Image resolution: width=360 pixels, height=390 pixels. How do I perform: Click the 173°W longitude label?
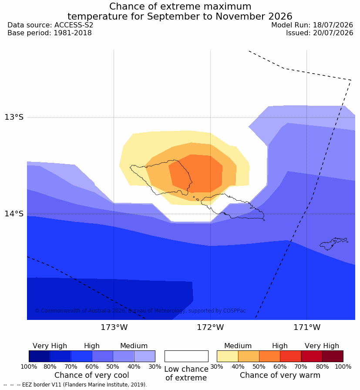click(114, 327)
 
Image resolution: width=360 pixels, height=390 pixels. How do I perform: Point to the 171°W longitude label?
click(307, 327)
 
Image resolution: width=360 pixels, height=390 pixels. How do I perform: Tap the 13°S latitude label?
click(14, 117)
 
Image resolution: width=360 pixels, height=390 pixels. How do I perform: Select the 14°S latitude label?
click(14, 213)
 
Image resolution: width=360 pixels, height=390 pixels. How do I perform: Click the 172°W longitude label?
click(211, 327)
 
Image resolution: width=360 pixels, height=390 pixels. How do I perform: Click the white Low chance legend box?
click(186, 356)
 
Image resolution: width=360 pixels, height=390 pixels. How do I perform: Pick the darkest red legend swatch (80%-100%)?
click(333, 356)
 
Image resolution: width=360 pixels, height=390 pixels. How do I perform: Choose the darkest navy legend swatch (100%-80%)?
click(40, 356)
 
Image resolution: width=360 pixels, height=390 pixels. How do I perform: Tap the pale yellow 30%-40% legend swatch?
click(227, 356)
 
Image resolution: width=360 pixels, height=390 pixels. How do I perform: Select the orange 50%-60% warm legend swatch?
click(269, 356)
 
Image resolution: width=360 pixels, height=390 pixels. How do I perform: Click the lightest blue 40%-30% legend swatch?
click(145, 356)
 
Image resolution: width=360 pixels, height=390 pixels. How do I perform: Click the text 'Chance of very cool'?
click(92, 375)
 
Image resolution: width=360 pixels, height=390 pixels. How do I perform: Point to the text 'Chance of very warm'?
click(280, 375)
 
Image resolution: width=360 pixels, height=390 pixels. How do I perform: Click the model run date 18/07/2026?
click(333, 25)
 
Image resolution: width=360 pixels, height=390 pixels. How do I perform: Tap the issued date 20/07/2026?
click(333, 33)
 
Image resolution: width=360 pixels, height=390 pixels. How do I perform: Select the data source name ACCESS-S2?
click(74, 25)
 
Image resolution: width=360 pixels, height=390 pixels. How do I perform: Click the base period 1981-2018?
click(73, 33)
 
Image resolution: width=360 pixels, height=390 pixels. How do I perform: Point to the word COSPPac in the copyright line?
click(234, 311)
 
